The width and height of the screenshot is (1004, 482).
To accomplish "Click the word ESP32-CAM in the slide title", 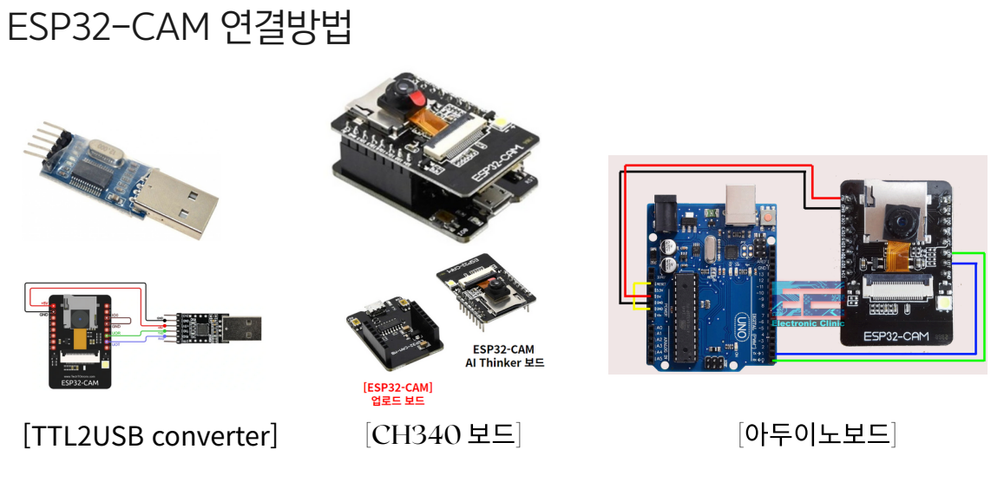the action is pyautogui.click(x=105, y=29).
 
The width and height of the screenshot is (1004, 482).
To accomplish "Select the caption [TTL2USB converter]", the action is pyautogui.click(x=150, y=435).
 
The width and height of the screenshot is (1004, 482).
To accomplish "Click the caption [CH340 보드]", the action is pyautogui.click(x=443, y=434).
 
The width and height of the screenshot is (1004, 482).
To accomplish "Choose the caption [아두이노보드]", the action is pyautogui.click(x=817, y=433).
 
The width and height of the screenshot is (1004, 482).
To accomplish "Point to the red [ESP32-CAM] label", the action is pyautogui.click(x=397, y=388).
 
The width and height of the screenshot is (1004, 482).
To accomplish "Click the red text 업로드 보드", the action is pyautogui.click(x=397, y=401).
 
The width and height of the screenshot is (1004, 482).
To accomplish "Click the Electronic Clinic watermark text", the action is pyautogui.click(x=807, y=323).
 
